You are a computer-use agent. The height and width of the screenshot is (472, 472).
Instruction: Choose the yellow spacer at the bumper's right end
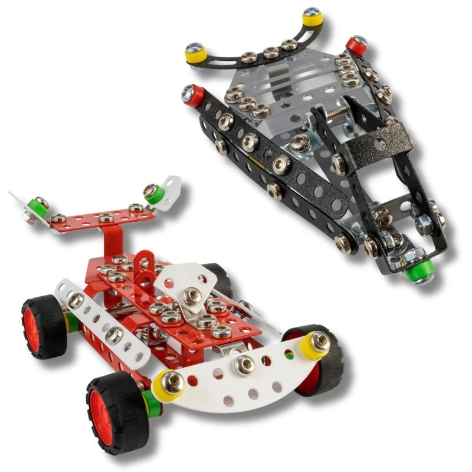click(x=317, y=343)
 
